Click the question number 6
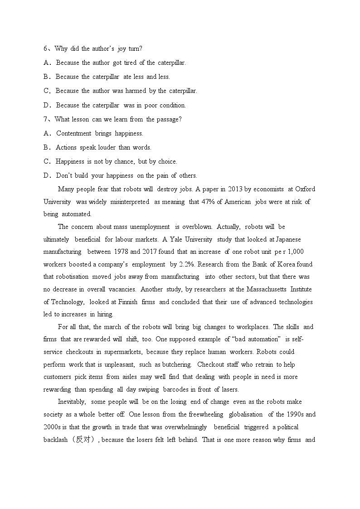pyautogui.click(x=45, y=48)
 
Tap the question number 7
pyautogui.click(x=45, y=119)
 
